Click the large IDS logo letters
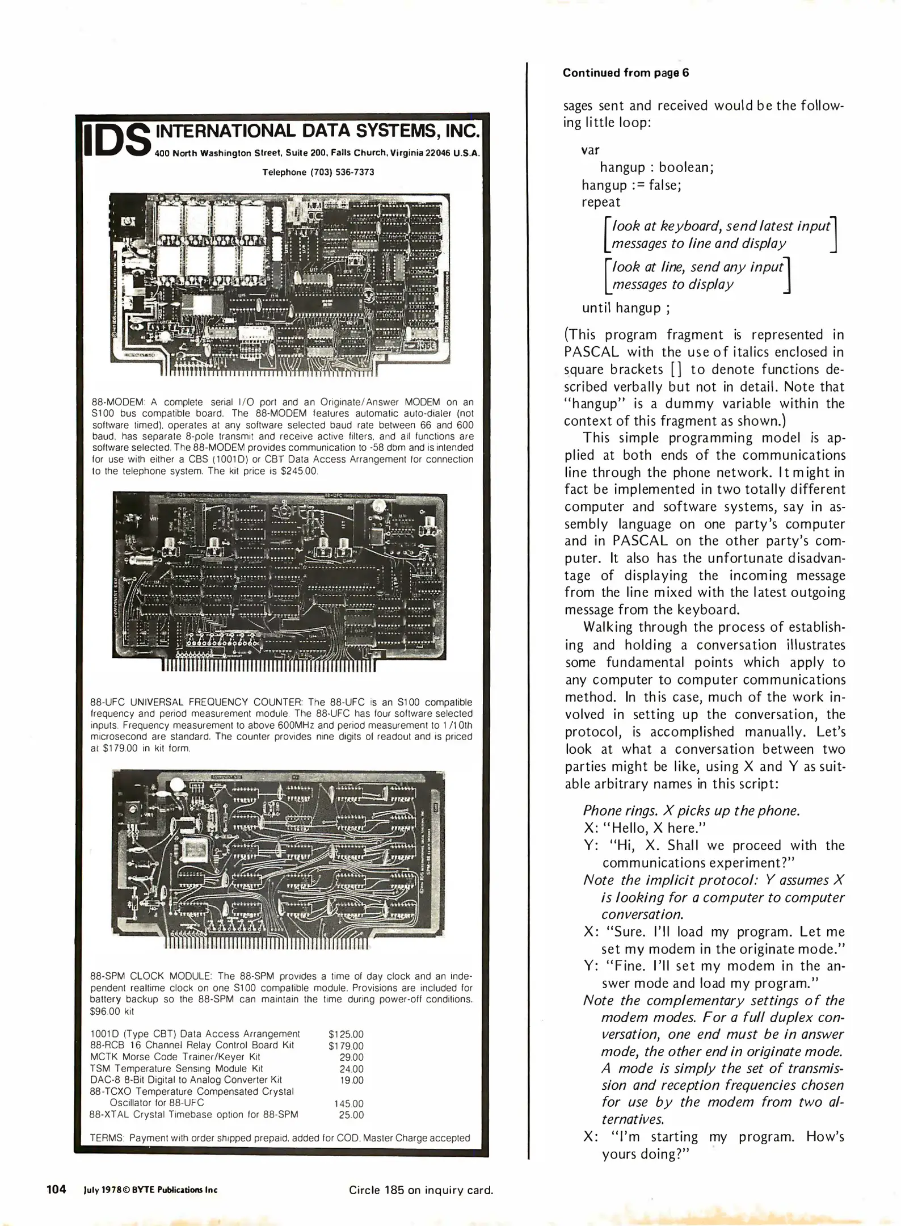pyautogui.click(x=117, y=140)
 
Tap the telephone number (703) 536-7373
pyautogui.click(x=318, y=173)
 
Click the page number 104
pyautogui.click(x=56, y=1189)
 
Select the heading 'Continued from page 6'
pyautogui.click(x=626, y=73)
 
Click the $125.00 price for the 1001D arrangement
pyautogui.click(x=346, y=1034)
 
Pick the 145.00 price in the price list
pyautogui.click(x=348, y=1103)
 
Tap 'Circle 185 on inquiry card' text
pyautogui.click(x=420, y=1190)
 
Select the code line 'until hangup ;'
pyautogui.click(x=621, y=308)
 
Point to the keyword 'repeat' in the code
pyautogui.click(x=601, y=202)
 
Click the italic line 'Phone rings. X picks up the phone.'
pyautogui.click(x=691, y=811)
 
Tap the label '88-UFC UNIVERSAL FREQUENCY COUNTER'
pyautogui.click(x=196, y=702)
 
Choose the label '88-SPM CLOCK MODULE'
pyautogui.click(x=151, y=976)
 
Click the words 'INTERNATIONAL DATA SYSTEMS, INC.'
pyautogui.click(x=317, y=131)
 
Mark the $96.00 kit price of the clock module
pyautogui.click(x=112, y=1011)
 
